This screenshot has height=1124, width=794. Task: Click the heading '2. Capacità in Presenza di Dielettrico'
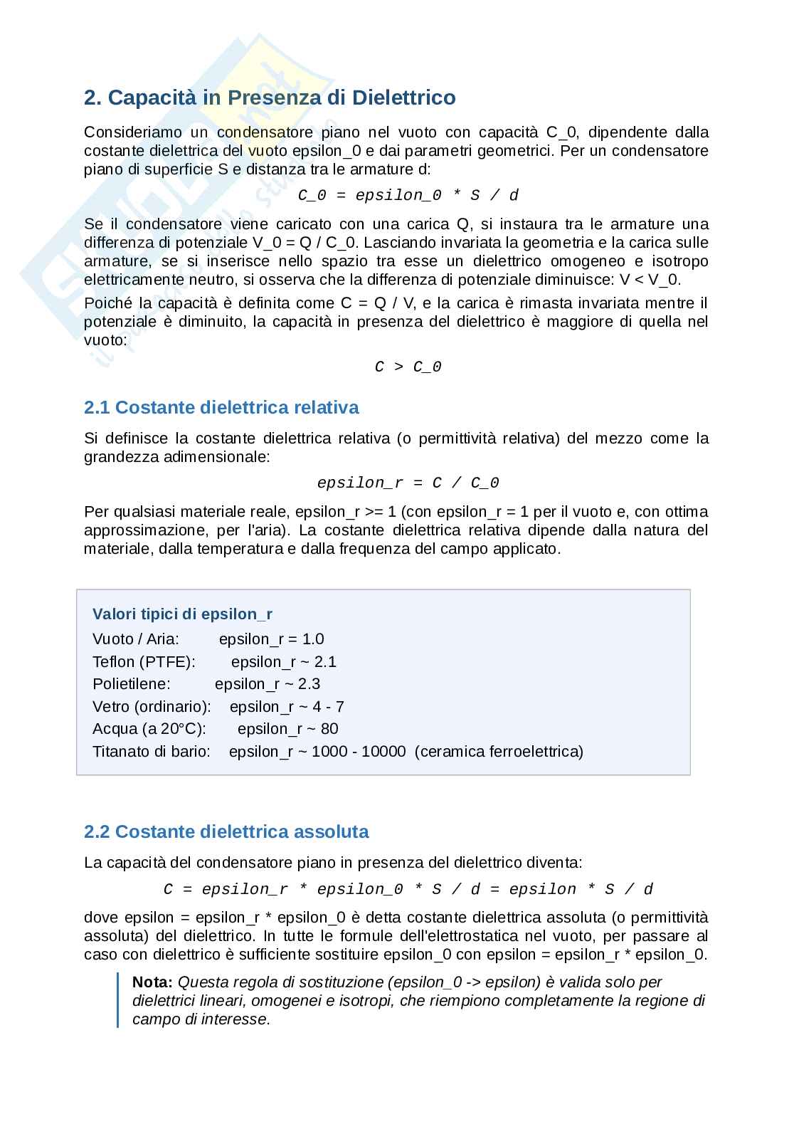270,98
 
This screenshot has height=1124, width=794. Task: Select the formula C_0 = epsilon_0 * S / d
408,195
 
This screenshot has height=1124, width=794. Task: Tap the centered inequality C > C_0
408,367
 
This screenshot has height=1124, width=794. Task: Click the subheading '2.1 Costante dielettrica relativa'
221,407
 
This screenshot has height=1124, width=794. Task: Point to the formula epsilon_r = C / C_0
408,483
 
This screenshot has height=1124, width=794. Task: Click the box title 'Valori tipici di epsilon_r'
182,614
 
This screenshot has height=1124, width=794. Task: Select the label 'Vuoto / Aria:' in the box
136,639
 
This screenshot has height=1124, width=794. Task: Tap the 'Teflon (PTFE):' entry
144,662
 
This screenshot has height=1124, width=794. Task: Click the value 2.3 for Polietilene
309,684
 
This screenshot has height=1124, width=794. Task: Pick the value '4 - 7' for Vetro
328,707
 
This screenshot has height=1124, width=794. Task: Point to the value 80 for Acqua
329,729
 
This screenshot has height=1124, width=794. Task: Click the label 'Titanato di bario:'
152,752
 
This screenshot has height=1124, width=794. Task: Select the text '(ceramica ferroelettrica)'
498,752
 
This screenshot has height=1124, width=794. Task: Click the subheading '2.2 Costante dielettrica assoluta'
226,831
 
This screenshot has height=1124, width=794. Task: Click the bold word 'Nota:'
152,982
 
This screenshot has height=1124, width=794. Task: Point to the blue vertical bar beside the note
118,1000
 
